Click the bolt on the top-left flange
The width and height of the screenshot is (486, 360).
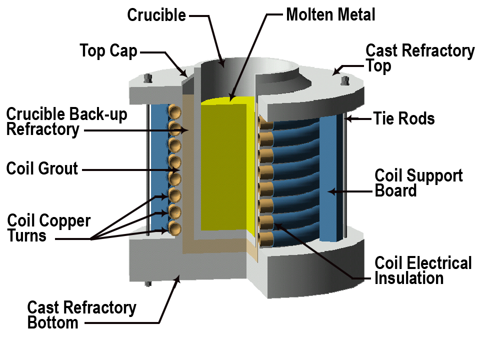[147, 78]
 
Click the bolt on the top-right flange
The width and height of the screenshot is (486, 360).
[344, 80]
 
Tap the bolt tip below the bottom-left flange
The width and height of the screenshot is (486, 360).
[147, 284]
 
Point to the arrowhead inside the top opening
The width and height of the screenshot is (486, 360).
[222, 64]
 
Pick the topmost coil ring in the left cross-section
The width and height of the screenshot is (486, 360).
[174, 112]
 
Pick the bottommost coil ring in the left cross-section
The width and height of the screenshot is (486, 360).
[174, 228]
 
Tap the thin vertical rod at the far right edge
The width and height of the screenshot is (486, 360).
[344, 175]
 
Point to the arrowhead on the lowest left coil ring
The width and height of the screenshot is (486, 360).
[166, 231]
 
